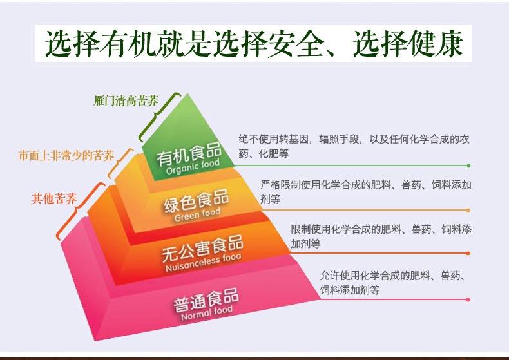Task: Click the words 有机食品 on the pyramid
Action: pyautogui.click(x=189, y=154)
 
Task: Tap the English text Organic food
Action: pyautogui.click(x=193, y=167)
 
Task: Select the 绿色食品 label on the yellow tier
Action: pyautogui.click(x=197, y=202)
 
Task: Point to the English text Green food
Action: pyautogui.click(x=197, y=214)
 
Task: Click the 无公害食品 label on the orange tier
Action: pyautogui.click(x=203, y=248)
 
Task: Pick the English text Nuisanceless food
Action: pyautogui.click(x=204, y=262)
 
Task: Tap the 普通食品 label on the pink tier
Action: pyautogui.click(x=206, y=299)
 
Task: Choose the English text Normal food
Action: pyautogui.click(x=206, y=313)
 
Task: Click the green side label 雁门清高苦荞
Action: pyautogui.click(x=126, y=101)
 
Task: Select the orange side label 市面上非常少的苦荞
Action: pyautogui.click(x=66, y=156)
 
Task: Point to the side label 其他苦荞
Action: pyautogui.click(x=54, y=198)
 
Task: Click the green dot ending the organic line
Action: pyautogui.click(x=468, y=166)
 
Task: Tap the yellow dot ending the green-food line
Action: pyautogui.click(x=468, y=211)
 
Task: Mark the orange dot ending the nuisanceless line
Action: pyautogui.click(x=468, y=253)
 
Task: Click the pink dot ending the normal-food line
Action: pyautogui.click(x=468, y=300)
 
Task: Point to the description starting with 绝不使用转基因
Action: pyautogui.click(x=354, y=146)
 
